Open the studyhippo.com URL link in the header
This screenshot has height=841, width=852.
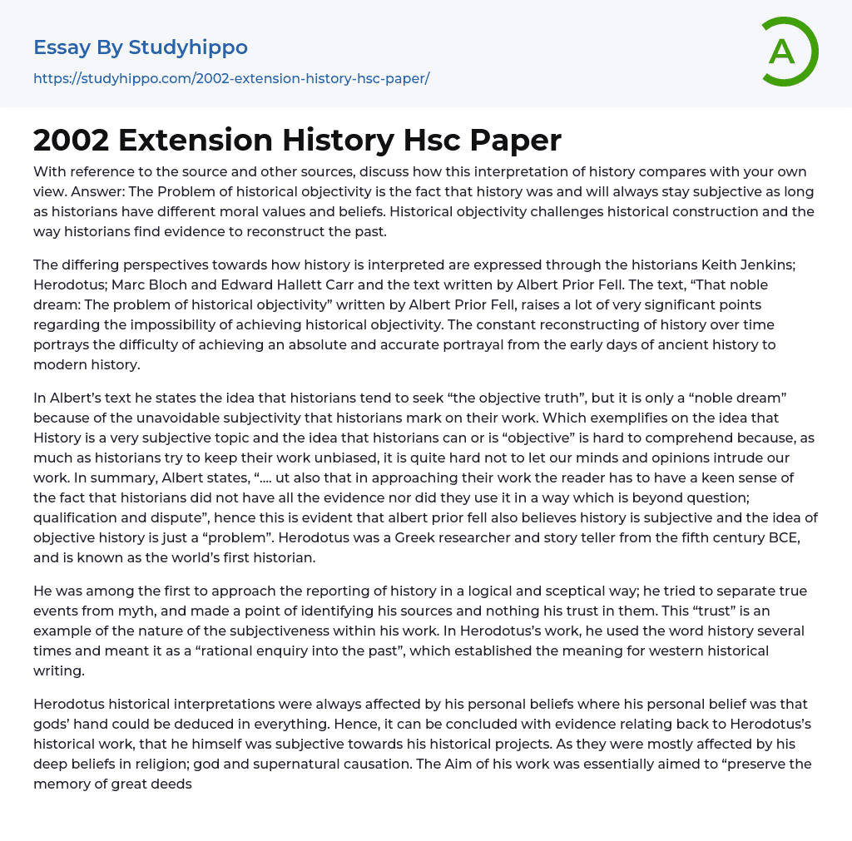[x=231, y=79]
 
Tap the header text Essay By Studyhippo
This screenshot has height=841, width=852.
[x=141, y=47]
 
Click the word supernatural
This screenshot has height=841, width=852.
[x=433, y=744]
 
